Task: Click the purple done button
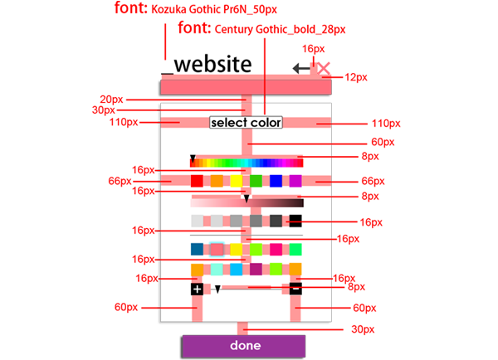pos(244,345)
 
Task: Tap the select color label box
pos(246,123)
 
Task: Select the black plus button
pos(197,289)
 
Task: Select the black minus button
pos(295,289)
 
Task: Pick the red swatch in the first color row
pos(197,180)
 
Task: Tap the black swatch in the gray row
pos(295,221)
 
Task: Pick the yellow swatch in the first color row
pos(237,180)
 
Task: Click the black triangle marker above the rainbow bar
pos(193,157)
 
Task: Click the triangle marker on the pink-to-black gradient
pos(247,198)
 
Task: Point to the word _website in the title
pos(207,64)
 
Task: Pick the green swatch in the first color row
pos(256,180)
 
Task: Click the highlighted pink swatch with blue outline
pos(217,249)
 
